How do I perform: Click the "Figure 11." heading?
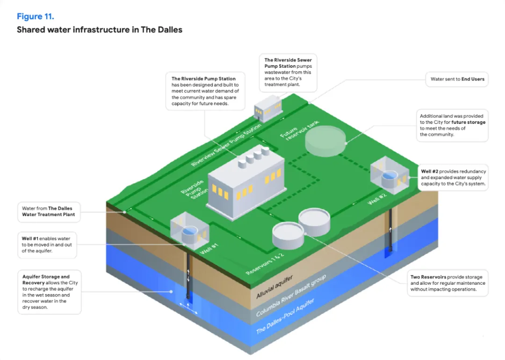[36, 16]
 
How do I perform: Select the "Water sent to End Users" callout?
[457, 79]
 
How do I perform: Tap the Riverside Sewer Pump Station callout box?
[288, 72]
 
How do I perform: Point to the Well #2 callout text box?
[453, 177]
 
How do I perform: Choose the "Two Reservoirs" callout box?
[447, 283]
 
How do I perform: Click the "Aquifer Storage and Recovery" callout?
[50, 292]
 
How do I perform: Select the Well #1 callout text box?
[47, 245]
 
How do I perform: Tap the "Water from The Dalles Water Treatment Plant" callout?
[49, 211]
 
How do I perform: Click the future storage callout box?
[452, 125]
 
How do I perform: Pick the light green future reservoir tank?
[325, 141]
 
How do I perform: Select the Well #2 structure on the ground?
[390, 175]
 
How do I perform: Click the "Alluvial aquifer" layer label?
[274, 287]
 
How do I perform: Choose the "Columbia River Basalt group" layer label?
[291, 295]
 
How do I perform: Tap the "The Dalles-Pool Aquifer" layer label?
[285, 316]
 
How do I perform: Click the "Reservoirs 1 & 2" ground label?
[265, 264]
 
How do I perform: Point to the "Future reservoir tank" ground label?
[299, 130]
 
